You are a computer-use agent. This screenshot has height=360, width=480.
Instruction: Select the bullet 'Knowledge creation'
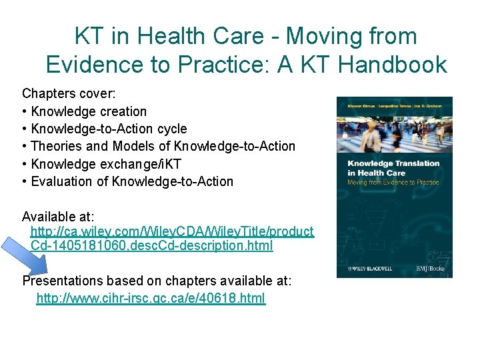click(x=89, y=111)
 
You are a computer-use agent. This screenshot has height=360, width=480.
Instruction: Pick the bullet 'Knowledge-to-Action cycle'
click(x=109, y=129)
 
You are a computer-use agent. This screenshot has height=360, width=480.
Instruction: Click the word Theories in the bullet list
click(x=57, y=146)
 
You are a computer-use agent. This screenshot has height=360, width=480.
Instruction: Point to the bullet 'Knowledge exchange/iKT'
click(x=105, y=163)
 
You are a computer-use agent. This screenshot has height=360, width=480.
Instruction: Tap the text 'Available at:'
click(x=58, y=216)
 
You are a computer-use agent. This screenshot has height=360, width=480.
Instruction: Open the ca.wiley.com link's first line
click(x=172, y=231)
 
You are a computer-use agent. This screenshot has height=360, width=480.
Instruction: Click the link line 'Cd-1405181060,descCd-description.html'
click(x=151, y=246)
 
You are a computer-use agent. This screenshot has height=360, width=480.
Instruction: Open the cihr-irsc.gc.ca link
click(x=151, y=298)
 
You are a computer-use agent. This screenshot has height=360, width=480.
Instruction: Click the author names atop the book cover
click(x=394, y=105)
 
